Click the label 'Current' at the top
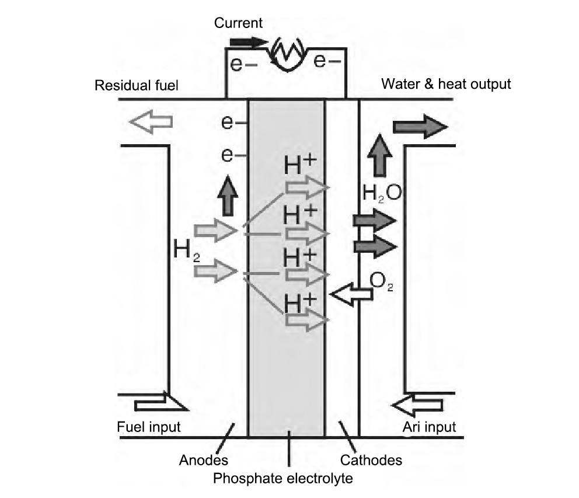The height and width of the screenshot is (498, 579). (x=238, y=23)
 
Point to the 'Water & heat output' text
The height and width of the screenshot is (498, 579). (x=446, y=84)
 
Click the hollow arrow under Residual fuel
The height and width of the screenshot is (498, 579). (x=151, y=122)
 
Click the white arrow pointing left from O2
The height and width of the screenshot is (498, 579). (x=351, y=295)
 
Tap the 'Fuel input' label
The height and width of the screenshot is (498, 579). (x=149, y=427)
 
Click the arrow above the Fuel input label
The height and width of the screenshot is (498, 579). (x=160, y=403)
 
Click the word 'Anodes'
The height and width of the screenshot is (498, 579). (x=203, y=460)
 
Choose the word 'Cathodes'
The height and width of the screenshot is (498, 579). (x=371, y=460)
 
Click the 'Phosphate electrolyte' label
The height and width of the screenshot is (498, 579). (x=283, y=479)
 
